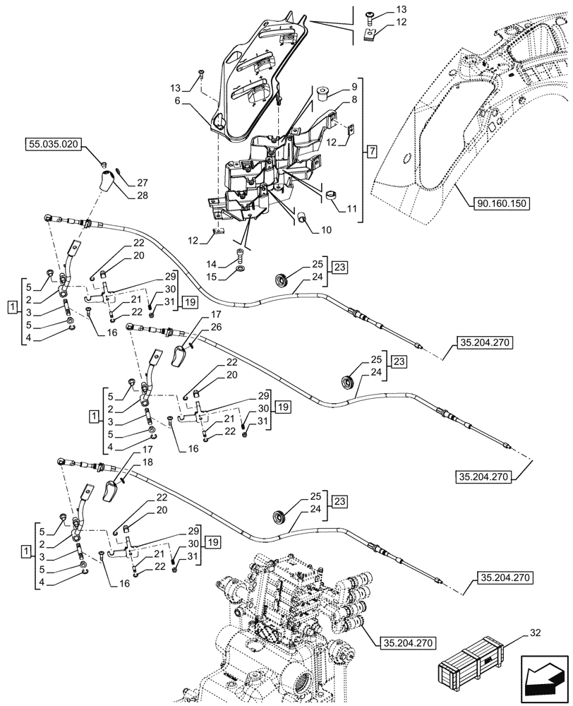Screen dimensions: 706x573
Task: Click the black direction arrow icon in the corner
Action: click(544, 678)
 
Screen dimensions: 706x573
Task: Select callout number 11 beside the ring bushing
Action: click(350, 208)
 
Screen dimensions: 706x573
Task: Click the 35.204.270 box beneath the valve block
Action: click(407, 643)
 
